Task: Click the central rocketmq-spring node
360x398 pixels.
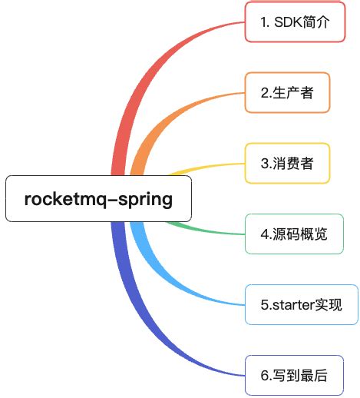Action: (x=98, y=199)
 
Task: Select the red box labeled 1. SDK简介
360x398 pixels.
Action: (x=295, y=22)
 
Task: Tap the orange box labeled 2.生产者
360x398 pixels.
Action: (x=288, y=93)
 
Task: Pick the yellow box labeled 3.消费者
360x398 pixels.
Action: (x=287, y=163)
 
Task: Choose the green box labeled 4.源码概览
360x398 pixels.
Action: (x=294, y=234)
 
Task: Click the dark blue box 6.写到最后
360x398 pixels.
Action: (x=294, y=375)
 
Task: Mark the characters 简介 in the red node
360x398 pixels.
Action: (x=317, y=22)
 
